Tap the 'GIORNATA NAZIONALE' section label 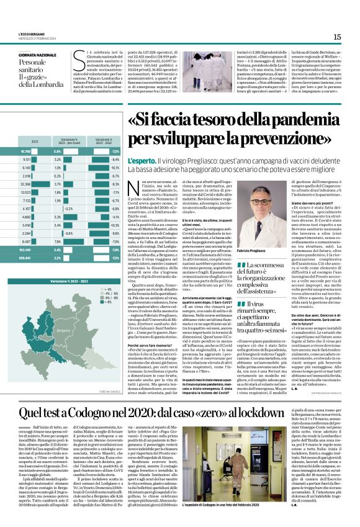tap(38, 55)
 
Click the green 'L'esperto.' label tap(142, 161)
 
